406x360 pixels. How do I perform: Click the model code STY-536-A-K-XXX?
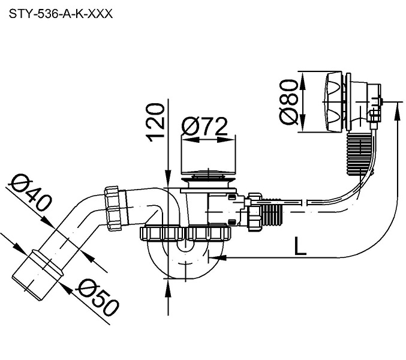click(60, 12)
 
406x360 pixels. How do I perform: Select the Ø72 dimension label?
click(205, 127)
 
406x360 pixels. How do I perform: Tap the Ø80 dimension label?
click(288, 101)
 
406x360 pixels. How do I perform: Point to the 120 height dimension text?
click(155, 121)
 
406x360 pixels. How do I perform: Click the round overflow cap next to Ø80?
click(333, 102)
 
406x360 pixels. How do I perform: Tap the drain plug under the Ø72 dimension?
click(207, 178)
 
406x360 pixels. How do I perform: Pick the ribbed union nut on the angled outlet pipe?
click(115, 208)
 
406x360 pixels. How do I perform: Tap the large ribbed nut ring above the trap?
click(187, 233)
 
